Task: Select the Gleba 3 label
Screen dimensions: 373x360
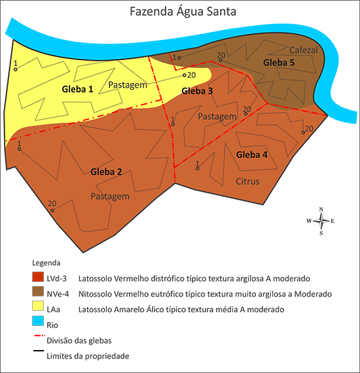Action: (197, 91)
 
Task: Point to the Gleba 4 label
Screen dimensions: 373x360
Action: (251, 155)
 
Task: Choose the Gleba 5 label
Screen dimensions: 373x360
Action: (279, 62)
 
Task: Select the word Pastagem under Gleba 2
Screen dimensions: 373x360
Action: (109, 196)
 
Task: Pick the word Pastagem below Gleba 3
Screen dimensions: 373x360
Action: (216, 116)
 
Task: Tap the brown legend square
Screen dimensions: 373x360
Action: (38, 291)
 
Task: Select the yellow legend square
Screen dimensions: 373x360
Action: (38, 306)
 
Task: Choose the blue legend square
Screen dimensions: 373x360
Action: (38, 320)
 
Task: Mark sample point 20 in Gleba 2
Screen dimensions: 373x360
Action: (52, 211)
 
